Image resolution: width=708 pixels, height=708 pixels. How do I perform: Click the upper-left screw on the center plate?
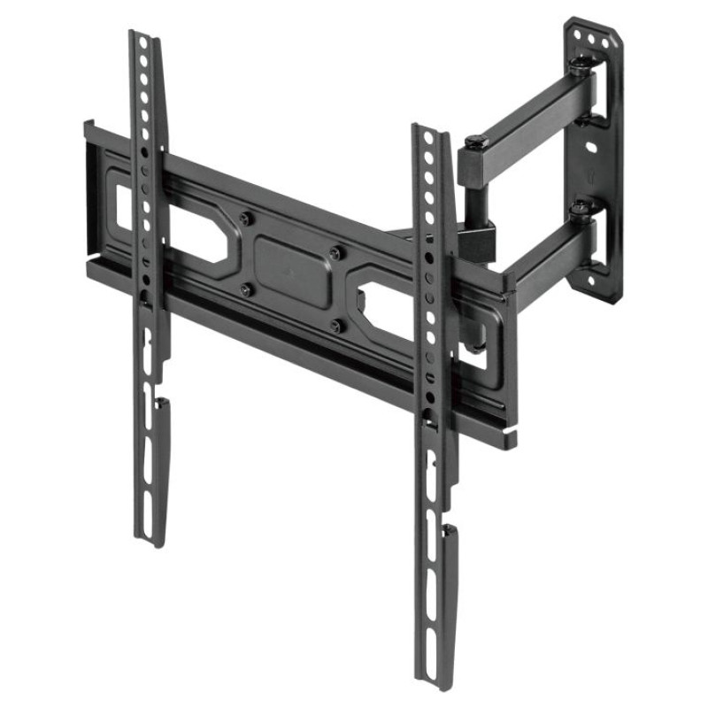coord(245,218)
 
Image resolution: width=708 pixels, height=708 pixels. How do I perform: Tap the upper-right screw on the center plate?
coord(335,253)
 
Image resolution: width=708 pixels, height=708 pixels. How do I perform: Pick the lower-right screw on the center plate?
coord(335,326)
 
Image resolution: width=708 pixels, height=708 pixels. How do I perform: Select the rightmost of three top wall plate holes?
coord(605,42)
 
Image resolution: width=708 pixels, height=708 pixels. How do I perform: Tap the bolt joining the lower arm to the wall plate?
coord(580,210)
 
